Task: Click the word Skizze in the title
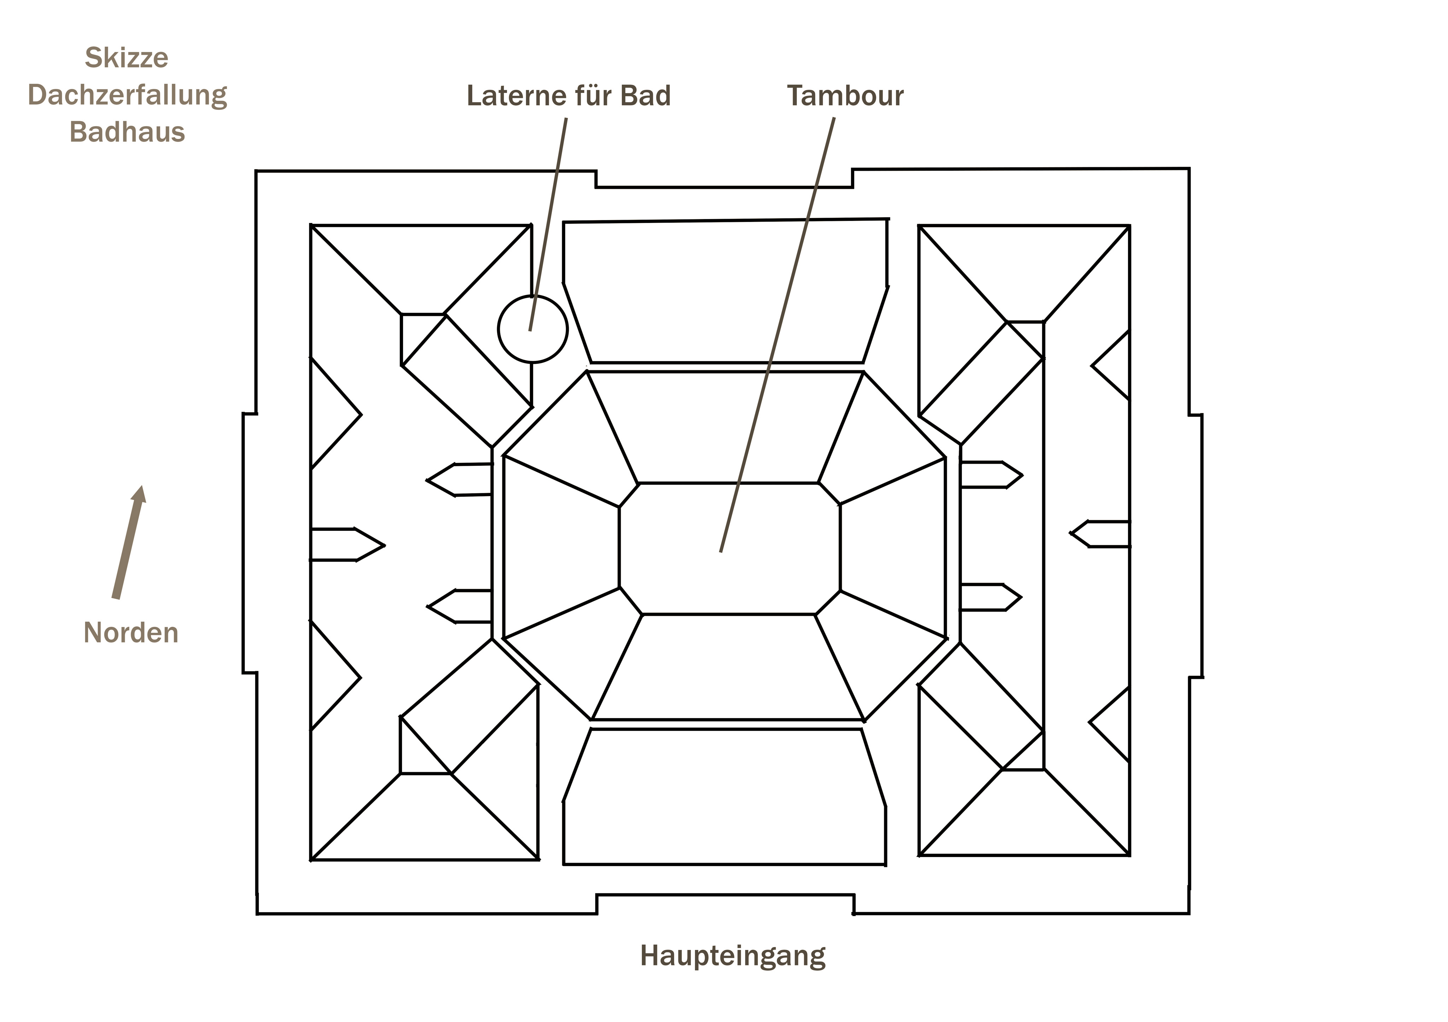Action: click(x=127, y=58)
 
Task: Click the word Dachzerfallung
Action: click(x=127, y=95)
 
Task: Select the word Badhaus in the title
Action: click(x=127, y=133)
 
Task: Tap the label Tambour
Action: click(x=845, y=96)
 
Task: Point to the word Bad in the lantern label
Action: click(x=646, y=96)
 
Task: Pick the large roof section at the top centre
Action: click(x=725, y=290)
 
